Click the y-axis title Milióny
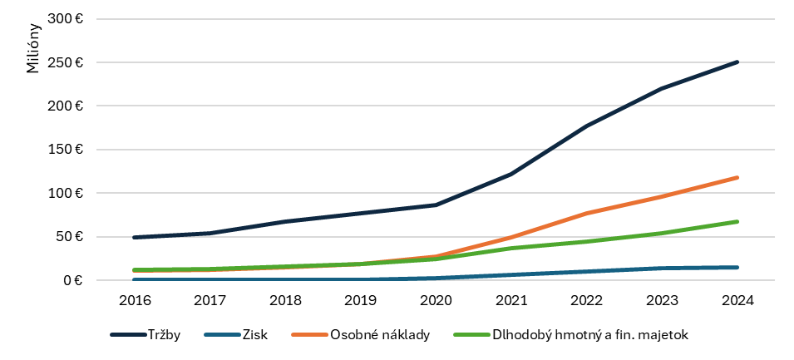click(x=32, y=49)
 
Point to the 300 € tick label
click(x=67, y=19)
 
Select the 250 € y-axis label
click(x=67, y=62)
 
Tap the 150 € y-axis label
click(x=67, y=150)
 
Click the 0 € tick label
click(x=72, y=280)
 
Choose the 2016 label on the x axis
click(x=135, y=300)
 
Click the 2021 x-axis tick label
click(x=511, y=300)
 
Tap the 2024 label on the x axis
click(x=737, y=300)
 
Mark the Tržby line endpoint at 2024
click(x=737, y=62)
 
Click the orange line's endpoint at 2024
click(x=737, y=177)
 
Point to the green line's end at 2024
click(x=737, y=222)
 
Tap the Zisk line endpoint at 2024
click(x=737, y=267)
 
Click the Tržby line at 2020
click(x=436, y=205)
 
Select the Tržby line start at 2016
click(x=135, y=237)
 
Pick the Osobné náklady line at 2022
click(x=586, y=214)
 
